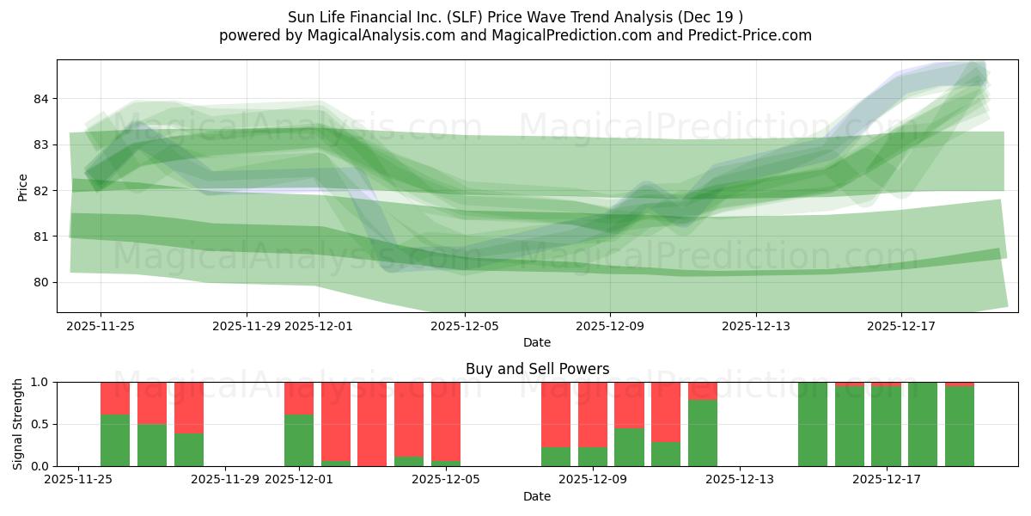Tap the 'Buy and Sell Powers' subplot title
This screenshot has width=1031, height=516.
pyautogui.click(x=537, y=369)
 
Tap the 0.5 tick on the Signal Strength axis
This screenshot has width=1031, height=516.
pyautogui.click(x=40, y=424)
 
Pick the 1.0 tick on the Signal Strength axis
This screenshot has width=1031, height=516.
pyautogui.click(x=40, y=382)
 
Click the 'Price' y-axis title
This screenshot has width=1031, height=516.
pyautogui.click(x=22, y=187)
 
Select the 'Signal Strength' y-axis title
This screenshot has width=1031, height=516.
pyautogui.click(x=18, y=424)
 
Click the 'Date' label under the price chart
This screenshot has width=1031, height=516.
pyautogui.click(x=537, y=342)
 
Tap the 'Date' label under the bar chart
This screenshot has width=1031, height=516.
pyautogui.click(x=537, y=496)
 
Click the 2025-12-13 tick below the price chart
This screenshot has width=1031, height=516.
pyautogui.click(x=756, y=326)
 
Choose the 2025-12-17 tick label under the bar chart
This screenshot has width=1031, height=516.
pyautogui.click(x=886, y=479)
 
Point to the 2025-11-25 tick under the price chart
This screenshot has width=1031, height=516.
pyautogui.click(x=101, y=326)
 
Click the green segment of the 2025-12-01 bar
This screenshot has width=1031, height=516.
pyautogui.click(x=299, y=440)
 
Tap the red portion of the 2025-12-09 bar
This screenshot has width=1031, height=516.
pyautogui.click(x=593, y=413)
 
